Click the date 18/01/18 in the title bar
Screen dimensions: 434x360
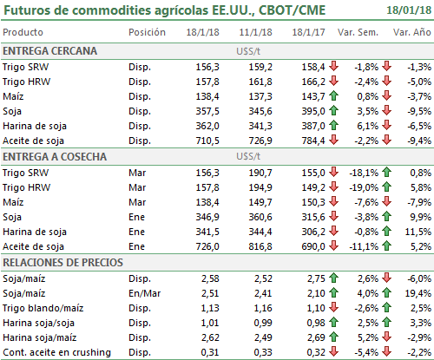coord(409,10)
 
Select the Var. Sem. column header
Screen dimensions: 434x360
coord(358,32)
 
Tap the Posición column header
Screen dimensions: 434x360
coord(147,32)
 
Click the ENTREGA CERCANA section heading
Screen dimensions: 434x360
coord(50,51)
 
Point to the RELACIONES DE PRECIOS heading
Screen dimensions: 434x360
coord(62,263)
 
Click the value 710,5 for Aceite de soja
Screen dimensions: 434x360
coord(207,141)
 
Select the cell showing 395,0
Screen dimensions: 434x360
coord(313,111)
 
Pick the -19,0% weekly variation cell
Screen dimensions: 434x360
coord(364,187)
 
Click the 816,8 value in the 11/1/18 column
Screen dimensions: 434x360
coord(260,246)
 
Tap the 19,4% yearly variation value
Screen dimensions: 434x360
coord(418,293)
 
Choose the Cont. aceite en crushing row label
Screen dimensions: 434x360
coord(57,352)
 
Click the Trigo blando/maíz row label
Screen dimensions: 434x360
coord(43,308)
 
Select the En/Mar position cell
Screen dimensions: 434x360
coord(144,293)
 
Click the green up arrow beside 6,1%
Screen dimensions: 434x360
coord(334,126)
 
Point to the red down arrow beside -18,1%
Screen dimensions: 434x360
coord(334,173)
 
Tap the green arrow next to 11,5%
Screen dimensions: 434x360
coord(386,232)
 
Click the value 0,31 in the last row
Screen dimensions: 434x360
coord(210,352)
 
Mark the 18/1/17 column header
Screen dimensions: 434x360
coord(308,32)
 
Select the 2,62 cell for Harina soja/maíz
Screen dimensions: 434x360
coord(210,337)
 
